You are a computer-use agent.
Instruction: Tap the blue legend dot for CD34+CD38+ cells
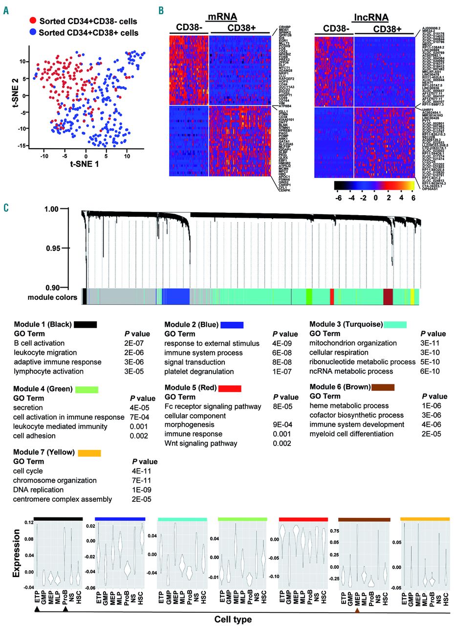[32, 32]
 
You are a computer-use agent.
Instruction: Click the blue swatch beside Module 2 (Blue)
[232, 324]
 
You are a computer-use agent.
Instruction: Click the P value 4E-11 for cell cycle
[142, 471]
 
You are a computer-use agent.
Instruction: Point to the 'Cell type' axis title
[233, 619]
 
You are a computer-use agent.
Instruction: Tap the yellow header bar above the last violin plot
[424, 519]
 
